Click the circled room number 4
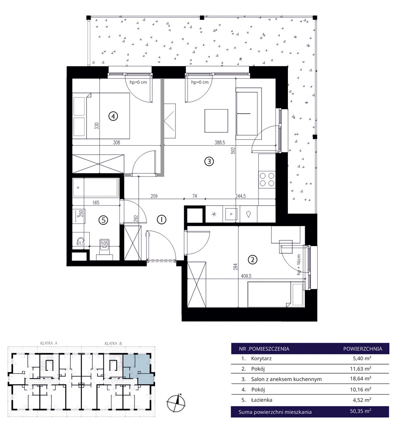113,116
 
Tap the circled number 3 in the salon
209,161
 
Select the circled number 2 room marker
253,260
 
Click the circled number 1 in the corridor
161,220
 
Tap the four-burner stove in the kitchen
267,180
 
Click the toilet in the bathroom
104,247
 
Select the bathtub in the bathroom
96,187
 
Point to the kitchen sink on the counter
231,214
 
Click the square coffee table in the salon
216,121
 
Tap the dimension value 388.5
220,142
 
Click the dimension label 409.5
246,276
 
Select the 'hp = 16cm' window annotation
299,264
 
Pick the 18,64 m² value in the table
361,378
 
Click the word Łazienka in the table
261,400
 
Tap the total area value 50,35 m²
361,411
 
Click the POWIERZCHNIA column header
363,349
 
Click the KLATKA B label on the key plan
113,343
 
